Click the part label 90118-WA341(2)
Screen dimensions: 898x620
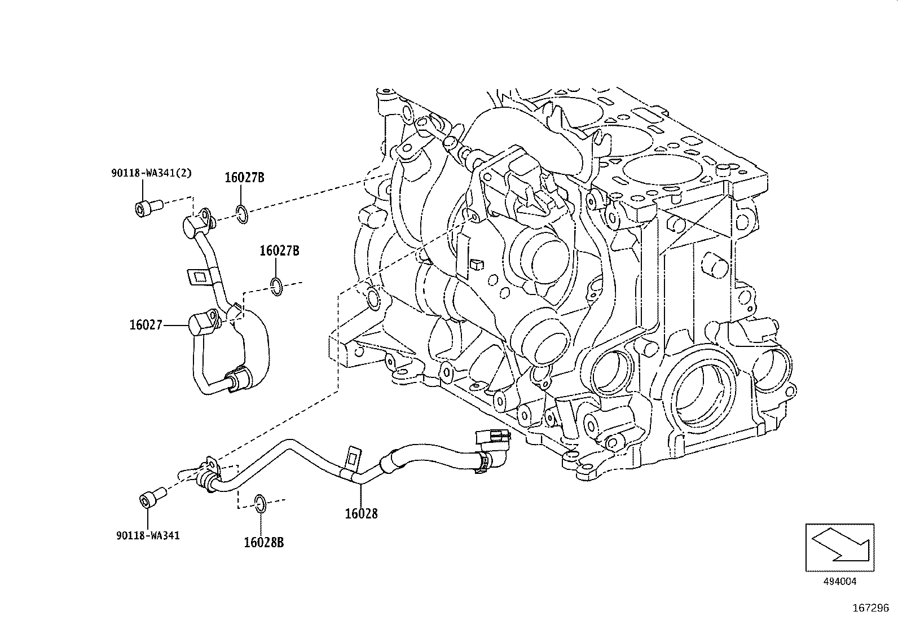pyautogui.click(x=151, y=173)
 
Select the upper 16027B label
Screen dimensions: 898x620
pyautogui.click(x=244, y=178)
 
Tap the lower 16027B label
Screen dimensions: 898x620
pyautogui.click(x=279, y=250)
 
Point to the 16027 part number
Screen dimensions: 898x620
pyautogui.click(x=146, y=325)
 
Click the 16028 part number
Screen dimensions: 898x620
pyautogui.click(x=361, y=513)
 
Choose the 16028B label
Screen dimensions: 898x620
pyautogui.click(x=263, y=543)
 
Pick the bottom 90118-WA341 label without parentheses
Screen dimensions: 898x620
pyautogui.click(x=148, y=535)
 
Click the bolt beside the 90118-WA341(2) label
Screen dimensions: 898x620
pyautogui.click(x=148, y=207)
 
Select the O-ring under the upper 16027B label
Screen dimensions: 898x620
pyautogui.click(x=242, y=215)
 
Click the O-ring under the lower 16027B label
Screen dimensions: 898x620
pyautogui.click(x=276, y=286)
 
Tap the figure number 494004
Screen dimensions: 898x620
pyautogui.click(x=840, y=581)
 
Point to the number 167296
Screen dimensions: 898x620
pyautogui.click(x=870, y=609)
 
